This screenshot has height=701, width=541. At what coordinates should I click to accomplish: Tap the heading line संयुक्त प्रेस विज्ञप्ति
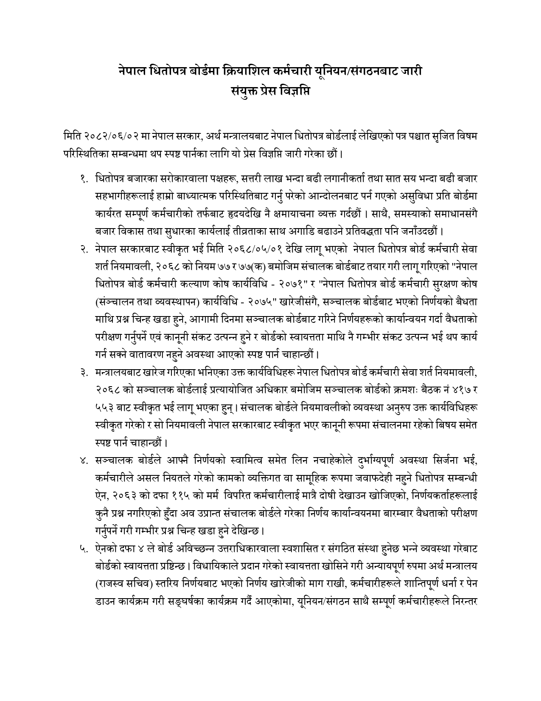270,90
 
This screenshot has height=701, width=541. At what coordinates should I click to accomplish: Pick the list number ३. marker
84,373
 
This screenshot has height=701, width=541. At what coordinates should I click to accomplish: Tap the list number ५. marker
84,549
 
